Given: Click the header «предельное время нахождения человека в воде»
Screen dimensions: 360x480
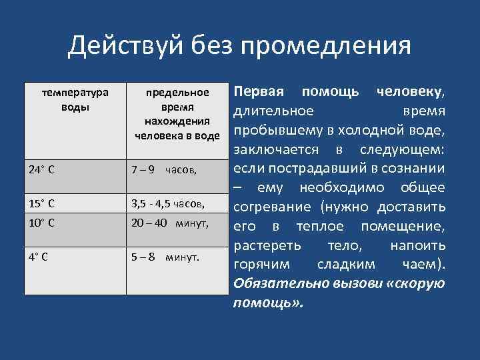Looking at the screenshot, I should [177, 114].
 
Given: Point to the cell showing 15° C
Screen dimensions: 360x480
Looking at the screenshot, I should [41, 203].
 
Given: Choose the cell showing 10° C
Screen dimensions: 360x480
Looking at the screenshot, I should [41, 222].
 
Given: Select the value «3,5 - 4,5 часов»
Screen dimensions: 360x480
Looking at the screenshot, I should [167, 203].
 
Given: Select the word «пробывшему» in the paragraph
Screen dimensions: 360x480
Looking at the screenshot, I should [273, 129].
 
